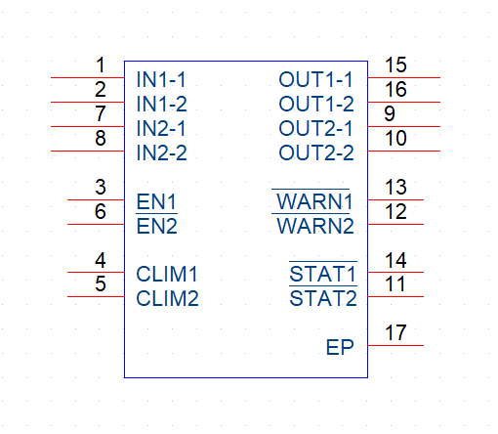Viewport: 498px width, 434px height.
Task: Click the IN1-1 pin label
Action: point(161,79)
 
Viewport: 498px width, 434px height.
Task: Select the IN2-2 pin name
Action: point(162,152)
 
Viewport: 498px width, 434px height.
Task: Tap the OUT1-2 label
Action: point(316,104)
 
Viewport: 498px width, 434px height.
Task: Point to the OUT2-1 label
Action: point(315,128)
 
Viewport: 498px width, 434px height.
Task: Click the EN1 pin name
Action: point(156,201)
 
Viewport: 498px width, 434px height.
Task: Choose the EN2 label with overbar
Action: point(156,226)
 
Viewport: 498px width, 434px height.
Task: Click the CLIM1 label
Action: point(167,274)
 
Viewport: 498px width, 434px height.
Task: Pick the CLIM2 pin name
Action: point(167,298)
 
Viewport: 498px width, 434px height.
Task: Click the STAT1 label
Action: point(323,273)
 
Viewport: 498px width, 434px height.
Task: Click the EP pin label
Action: point(340,347)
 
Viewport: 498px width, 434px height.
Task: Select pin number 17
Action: point(395,332)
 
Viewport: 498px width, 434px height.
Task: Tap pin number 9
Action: point(390,113)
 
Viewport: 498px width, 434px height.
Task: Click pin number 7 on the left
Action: point(101,113)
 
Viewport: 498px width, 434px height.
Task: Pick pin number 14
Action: point(395,260)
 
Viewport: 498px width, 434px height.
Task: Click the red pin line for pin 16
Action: point(404,102)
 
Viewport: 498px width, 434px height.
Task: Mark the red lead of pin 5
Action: point(96,296)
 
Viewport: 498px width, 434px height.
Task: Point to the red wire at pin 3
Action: point(96,199)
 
